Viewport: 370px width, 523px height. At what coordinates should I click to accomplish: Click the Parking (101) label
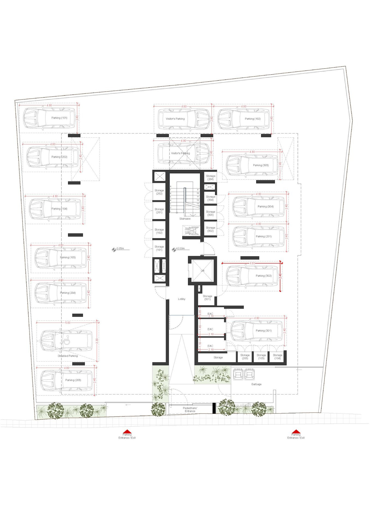[59, 118]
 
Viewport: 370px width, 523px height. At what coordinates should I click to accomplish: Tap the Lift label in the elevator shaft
[202, 270]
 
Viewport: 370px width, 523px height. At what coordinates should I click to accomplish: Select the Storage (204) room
[210, 178]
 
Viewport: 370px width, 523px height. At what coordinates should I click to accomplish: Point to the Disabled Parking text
[68, 356]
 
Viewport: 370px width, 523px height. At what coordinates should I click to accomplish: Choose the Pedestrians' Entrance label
[190, 409]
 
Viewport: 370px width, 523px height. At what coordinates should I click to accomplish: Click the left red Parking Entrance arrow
[127, 431]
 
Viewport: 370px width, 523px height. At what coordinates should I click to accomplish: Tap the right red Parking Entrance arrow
[296, 431]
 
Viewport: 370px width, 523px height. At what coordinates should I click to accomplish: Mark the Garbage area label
[256, 384]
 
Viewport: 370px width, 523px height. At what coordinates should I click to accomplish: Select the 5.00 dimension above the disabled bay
[68, 323]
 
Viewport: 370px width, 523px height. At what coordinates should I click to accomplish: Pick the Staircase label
[185, 219]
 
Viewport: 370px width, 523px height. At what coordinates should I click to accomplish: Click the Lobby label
[182, 299]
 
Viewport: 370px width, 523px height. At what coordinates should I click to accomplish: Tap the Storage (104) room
[277, 357]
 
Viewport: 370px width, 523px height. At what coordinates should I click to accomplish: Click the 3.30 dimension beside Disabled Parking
[97, 341]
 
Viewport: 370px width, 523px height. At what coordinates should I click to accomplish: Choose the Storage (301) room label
[207, 297]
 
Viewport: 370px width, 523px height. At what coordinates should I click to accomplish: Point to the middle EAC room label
[210, 329]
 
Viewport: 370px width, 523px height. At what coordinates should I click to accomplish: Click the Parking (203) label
[73, 380]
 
